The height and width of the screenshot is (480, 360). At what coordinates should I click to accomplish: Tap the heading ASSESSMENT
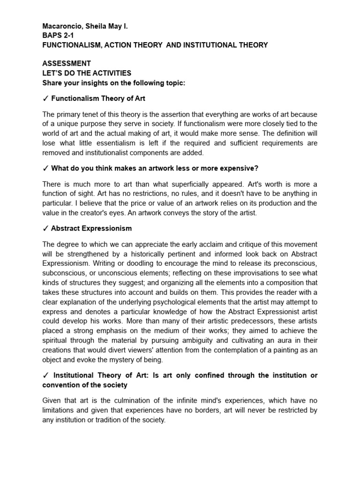[67, 63]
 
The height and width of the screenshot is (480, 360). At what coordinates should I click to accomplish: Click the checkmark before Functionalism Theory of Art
[45, 99]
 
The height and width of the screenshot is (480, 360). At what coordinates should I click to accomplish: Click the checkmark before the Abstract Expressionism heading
[45, 228]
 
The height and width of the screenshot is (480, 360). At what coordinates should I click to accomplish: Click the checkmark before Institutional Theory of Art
[45, 375]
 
